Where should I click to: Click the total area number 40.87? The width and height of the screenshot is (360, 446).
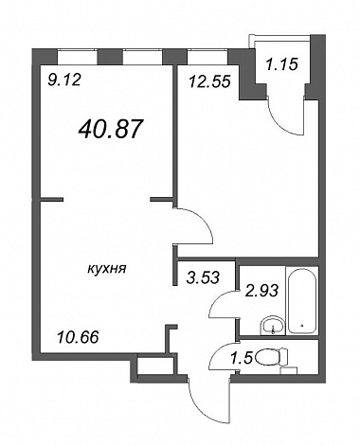coord(111,129)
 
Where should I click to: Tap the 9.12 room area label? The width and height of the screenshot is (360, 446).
coord(64,80)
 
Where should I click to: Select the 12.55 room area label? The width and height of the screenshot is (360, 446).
coord(209,82)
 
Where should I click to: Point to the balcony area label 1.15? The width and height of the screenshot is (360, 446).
coord(281,64)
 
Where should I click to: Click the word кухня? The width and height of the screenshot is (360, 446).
coord(107,269)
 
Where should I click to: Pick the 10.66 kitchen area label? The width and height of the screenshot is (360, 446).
coord(78,338)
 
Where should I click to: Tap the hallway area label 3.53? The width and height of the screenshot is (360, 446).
coord(203,277)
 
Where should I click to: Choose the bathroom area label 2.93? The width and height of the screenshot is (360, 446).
coord(262,291)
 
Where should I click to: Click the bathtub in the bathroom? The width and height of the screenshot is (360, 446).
coord(302,300)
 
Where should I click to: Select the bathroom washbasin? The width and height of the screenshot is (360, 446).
coord(273,325)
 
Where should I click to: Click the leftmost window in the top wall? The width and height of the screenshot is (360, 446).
coord(78,57)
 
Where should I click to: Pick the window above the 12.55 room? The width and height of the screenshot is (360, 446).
coord(207,57)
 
